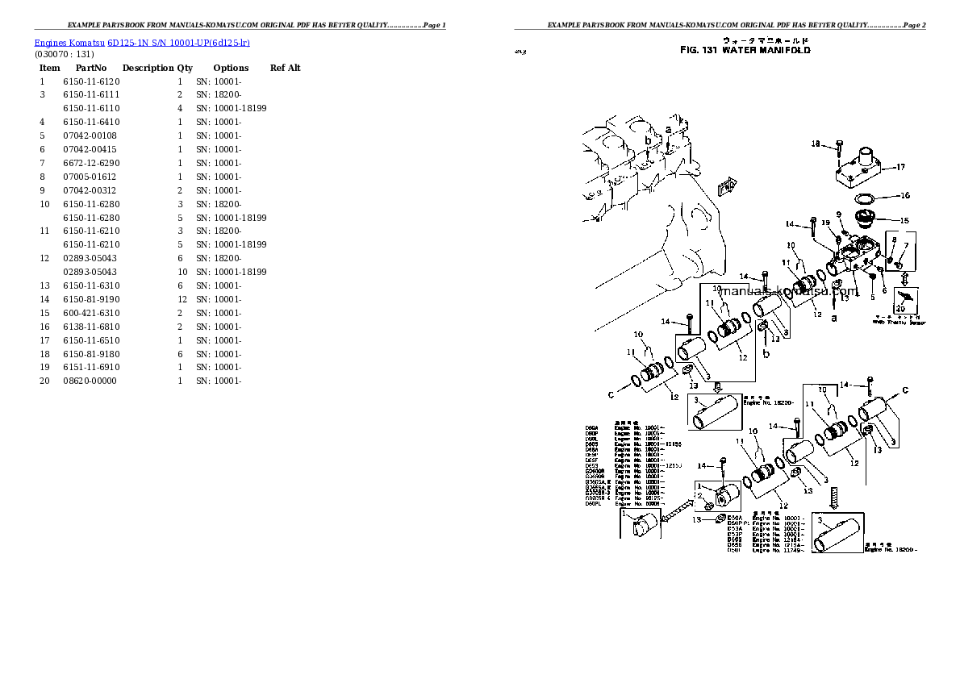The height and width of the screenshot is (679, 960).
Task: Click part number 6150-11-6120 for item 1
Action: coord(91,81)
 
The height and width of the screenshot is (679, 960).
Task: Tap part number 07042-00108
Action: coord(90,135)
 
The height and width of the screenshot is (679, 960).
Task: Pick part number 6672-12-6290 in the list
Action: coord(91,163)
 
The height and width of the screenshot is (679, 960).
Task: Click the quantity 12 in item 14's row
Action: coord(182,299)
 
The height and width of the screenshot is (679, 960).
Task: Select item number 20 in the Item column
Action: coord(44,381)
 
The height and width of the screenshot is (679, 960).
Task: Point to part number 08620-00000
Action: coord(90,381)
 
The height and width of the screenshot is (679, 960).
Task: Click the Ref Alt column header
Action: coord(286,68)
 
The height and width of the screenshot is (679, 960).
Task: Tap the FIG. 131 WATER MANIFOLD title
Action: coord(745,50)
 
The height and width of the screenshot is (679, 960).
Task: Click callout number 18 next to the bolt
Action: coord(815,144)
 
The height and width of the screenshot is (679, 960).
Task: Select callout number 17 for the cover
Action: coord(900,168)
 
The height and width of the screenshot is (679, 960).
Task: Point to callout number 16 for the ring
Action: coord(904,195)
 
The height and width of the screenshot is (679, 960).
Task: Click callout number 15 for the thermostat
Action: coord(904,220)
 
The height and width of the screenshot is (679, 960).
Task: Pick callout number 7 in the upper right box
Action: coord(905,245)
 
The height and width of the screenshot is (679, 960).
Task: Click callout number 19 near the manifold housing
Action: coord(825,223)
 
